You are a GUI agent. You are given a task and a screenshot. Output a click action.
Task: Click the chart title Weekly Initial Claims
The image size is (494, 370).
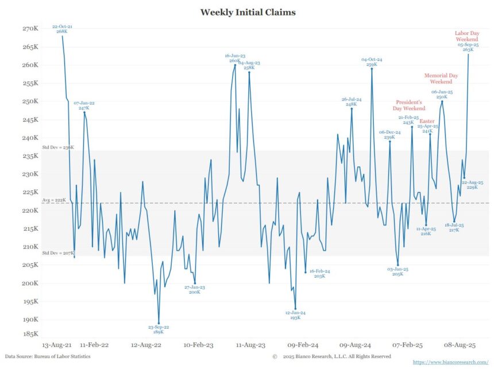248,11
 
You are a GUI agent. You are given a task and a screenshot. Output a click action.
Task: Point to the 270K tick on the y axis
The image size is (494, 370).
30,29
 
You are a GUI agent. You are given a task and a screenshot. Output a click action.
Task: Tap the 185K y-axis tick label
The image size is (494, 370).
30,333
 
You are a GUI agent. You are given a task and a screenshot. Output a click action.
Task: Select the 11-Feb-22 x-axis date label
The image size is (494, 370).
94,345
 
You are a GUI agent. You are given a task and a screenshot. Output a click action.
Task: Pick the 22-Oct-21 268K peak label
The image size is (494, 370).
62,29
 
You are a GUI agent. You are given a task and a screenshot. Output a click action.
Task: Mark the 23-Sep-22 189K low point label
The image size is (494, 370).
159,329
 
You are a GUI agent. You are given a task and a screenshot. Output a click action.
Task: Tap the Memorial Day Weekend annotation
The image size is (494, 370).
441,79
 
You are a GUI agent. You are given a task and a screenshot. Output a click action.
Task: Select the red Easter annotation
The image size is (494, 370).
427,122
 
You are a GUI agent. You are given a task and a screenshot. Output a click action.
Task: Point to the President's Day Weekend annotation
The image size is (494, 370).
410,105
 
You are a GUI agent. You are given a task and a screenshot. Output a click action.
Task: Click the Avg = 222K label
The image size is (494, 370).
54,200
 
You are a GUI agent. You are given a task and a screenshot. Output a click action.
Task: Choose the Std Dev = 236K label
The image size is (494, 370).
58,147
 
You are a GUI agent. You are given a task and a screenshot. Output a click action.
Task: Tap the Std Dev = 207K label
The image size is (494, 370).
58,253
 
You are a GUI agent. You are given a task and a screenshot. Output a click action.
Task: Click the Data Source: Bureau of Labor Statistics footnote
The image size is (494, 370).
47,356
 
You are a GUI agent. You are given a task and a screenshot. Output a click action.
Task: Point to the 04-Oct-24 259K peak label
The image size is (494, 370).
372,62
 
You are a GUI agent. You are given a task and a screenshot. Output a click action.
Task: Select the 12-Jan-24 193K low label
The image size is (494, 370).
295,315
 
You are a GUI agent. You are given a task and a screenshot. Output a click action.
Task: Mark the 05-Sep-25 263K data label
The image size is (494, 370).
468,47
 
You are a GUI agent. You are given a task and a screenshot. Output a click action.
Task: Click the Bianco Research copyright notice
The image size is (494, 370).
332,356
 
